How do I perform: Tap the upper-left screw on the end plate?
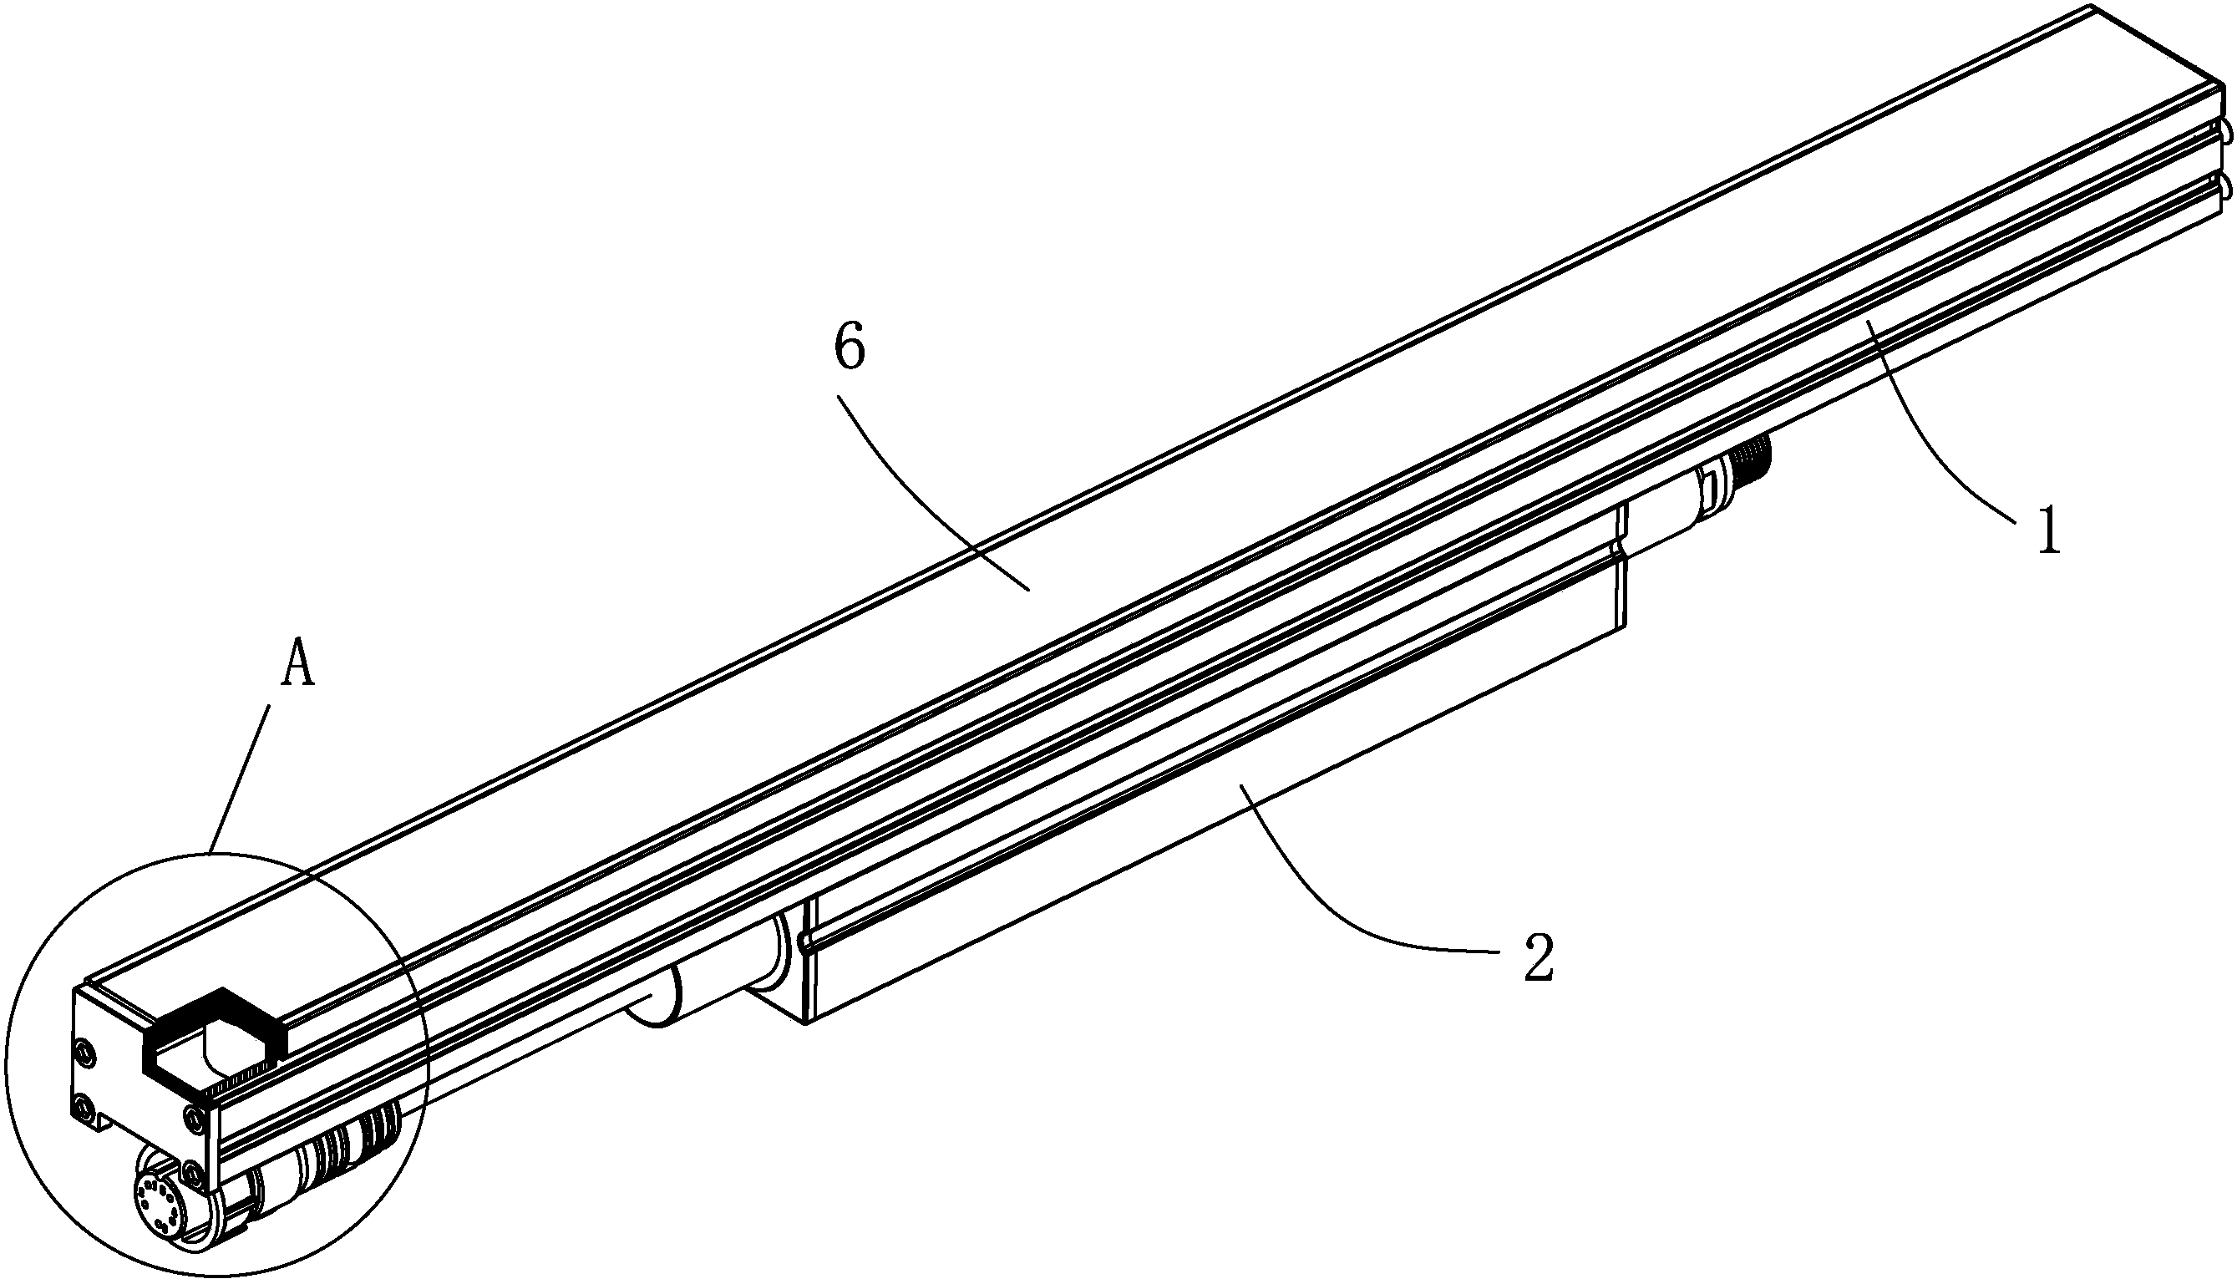click(x=84, y=1051)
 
